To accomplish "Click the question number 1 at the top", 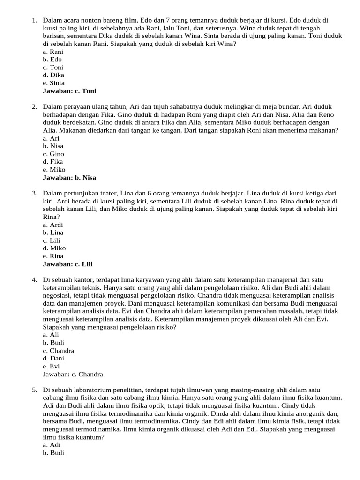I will point(34,20).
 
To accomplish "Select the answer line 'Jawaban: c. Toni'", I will point(69,91).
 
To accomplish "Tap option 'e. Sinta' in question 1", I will point(53,83).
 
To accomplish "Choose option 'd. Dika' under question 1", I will point(53,75).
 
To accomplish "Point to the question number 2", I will point(34,107).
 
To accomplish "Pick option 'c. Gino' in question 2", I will point(53,154).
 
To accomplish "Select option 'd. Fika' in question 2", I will point(53,162).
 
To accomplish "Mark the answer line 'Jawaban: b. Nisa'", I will point(69,178).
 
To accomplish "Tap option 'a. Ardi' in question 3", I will point(53,225).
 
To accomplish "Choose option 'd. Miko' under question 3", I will point(54,248).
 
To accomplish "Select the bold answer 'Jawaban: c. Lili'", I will point(67,264).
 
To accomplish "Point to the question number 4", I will point(34,280).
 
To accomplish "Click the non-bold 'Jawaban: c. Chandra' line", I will point(73,374).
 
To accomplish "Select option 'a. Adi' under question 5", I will point(52,445).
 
